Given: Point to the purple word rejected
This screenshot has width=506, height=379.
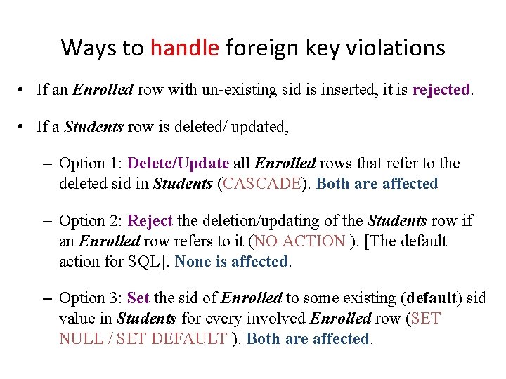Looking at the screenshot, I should click(441, 90).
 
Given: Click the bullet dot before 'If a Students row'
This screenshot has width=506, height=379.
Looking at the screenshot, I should click(23, 127).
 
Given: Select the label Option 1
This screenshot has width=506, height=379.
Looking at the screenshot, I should click(91, 164).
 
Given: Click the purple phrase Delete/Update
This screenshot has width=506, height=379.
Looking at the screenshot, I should click(179, 164).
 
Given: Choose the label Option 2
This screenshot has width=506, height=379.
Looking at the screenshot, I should click(91, 221).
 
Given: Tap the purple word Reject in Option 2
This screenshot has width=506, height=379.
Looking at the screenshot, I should click(150, 221).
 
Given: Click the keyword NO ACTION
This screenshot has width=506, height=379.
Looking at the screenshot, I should click(300, 241).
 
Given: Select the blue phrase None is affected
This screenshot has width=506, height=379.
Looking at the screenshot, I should click(232, 262).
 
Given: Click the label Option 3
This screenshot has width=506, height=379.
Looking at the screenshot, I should click(91, 298).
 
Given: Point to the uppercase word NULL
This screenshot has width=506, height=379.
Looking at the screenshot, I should click(81, 338).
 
